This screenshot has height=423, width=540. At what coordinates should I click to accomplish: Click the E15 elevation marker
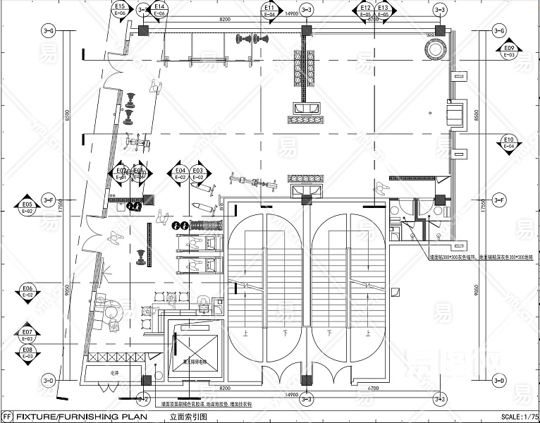119,9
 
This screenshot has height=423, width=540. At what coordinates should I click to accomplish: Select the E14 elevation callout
159,9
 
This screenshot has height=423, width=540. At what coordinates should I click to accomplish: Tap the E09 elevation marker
509,51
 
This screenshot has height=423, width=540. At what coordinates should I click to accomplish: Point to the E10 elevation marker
509,142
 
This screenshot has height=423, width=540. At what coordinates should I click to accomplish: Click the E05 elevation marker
28,207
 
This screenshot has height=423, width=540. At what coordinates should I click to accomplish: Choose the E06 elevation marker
28,291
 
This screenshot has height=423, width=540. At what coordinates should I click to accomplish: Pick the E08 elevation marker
28,352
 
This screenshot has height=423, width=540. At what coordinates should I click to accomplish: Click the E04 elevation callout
180,173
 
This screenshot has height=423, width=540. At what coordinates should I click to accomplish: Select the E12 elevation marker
365,9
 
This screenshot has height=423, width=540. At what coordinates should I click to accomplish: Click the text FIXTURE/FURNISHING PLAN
81,417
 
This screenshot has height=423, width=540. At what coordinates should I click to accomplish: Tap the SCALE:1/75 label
516,417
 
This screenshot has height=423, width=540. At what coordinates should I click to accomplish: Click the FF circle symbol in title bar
7,417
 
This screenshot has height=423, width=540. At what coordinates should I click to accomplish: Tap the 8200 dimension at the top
225,19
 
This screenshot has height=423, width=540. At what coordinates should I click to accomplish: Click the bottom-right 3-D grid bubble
500,381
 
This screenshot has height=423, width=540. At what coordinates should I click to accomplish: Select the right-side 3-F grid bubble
500,200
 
